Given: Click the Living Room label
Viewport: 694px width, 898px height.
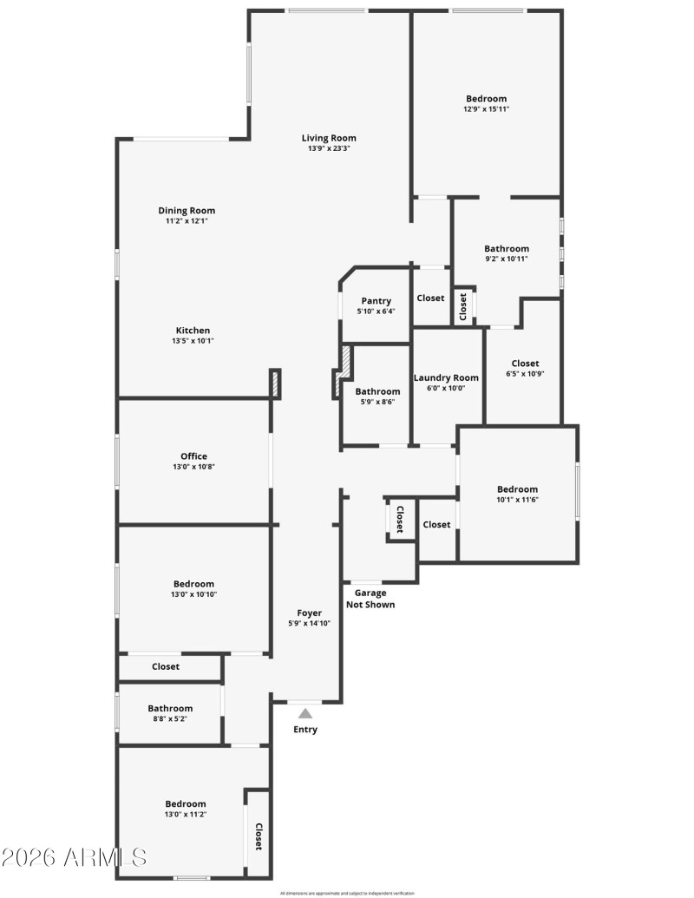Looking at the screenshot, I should tap(329, 138).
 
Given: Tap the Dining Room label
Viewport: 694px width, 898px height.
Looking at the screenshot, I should tap(187, 211).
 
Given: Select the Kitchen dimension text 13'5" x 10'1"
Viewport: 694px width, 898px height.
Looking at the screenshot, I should tap(193, 341).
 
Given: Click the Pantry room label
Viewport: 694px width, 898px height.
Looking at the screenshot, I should tap(376, 301).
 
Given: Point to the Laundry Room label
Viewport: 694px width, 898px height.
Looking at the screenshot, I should tap(446, 377).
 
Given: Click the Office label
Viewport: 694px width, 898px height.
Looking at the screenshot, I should tap(193, 456).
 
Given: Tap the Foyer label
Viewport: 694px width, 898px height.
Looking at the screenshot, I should tap(310, 613).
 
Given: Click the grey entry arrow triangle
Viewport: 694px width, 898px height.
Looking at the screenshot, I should tap(305, 713).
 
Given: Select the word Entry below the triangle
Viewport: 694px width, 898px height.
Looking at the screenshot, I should tap(305, 730).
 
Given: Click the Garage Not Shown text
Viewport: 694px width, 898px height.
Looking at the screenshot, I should tap(370, 599).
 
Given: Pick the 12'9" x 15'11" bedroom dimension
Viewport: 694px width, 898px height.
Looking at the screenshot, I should tap(486, 109).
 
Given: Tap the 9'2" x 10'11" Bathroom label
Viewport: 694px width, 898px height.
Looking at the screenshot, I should tap(507, 249).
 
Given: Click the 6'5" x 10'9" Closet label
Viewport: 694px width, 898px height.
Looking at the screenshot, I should tap(525, 364).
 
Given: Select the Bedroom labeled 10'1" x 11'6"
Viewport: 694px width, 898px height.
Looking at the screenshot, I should tap(517, 489).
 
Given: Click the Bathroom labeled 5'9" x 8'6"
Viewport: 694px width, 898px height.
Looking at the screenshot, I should tap(377, 391).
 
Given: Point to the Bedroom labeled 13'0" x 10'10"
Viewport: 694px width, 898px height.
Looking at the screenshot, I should tap(193, 584).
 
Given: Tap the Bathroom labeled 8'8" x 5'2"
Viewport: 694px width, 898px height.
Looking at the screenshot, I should tap(170, 708).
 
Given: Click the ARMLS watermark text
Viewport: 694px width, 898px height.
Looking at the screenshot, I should tap(75, 858).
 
